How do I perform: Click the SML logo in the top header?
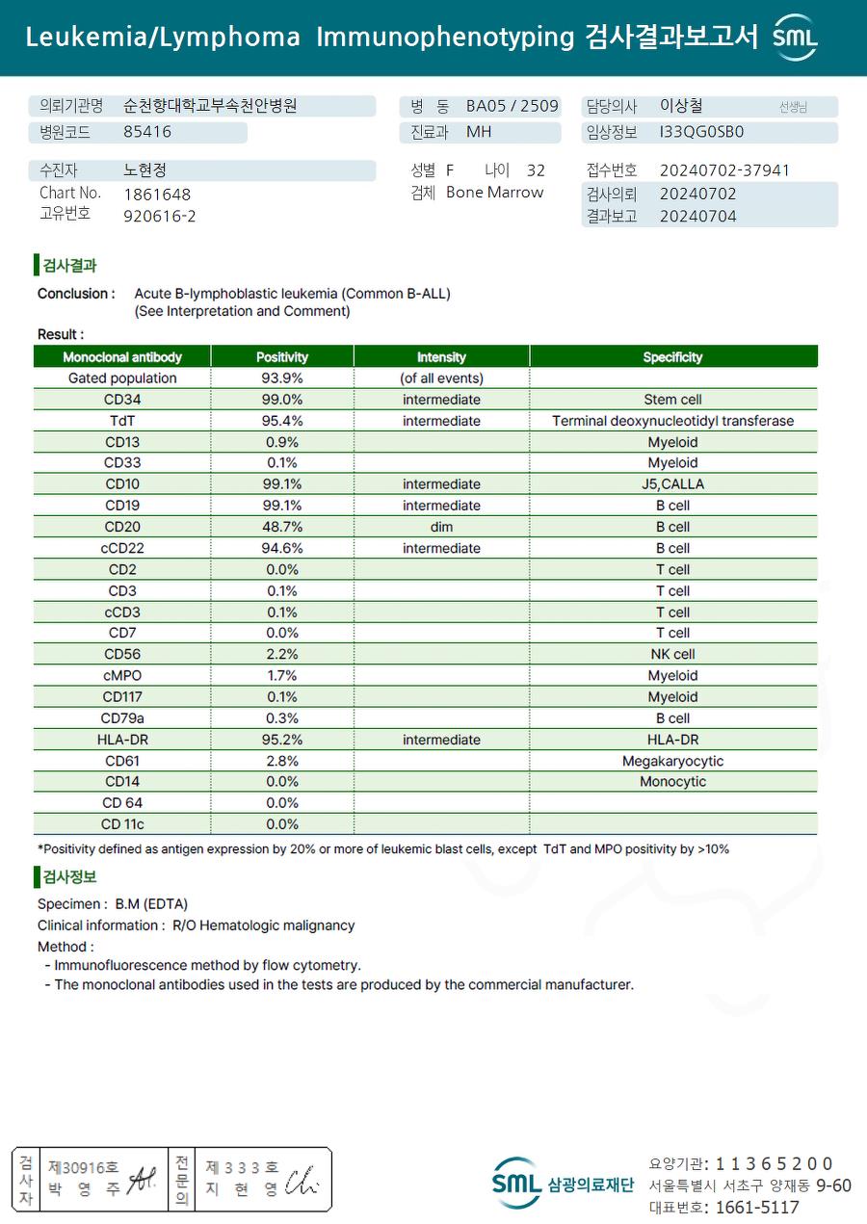[795, 38]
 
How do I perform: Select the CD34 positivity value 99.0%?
[282, 400]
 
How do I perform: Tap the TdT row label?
[121, 421]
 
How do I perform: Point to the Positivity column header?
[282, 357]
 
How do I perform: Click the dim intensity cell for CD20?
[441, 527]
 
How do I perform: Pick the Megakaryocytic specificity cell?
[672, 761]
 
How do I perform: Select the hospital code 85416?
[147, 132]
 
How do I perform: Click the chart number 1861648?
[157, 195]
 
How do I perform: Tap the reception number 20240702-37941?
[724, 170]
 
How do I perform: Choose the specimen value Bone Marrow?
[494, 193]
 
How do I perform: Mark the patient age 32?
[536, 170]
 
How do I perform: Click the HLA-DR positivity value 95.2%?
[282, 740]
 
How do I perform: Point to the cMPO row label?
[121, 676]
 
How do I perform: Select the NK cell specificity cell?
[672, 655]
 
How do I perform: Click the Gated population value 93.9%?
[282, 378]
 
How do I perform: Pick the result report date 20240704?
[697, 217]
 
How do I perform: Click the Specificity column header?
[672, 357]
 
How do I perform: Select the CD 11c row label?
[122, 824]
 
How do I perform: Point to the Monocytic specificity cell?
[672, 782]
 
